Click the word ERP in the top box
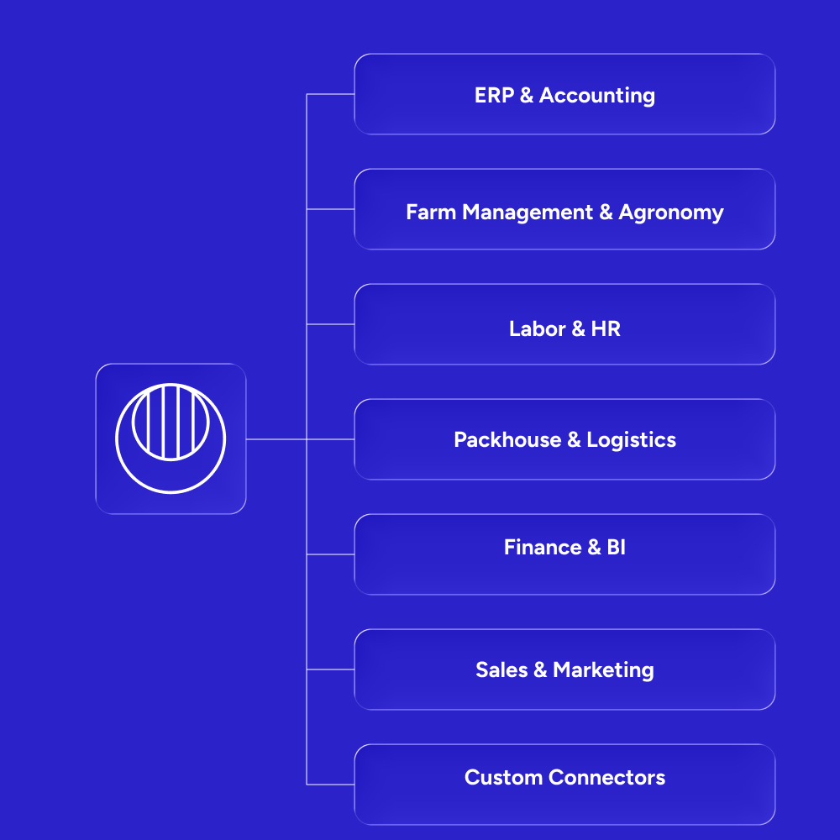tap(494, 95)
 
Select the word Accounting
tap(597, 96)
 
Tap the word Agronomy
tap(671, 213)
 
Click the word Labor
tap(534, 328)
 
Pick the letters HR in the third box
tap(606, 328)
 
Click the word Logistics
tap(631, 440)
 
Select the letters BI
tap(616, 548)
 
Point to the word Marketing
tap(603, 670)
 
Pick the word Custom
tap(502, 777)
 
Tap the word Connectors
tap(606, 777)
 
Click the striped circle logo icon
tap(171, 438)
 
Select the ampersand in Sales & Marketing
tap(540, 669)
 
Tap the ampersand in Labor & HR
tap(578, 328)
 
